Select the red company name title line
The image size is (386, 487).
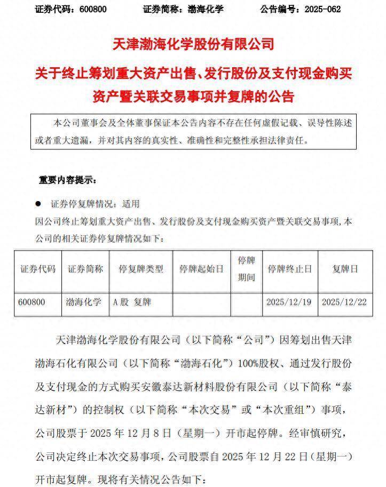click(x=193, y=44)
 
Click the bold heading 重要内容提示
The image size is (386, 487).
click(x=67, y=180)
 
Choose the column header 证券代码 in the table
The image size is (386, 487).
click(x=38, y=269)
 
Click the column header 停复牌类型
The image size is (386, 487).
click(x=141, y=269)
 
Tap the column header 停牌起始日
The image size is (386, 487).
click(x=201, y=269)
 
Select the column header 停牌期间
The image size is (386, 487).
click(x=246, y=269)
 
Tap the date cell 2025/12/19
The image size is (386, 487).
click(x=289, y=302)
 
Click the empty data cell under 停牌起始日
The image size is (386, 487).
click(x=201, y=302)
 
